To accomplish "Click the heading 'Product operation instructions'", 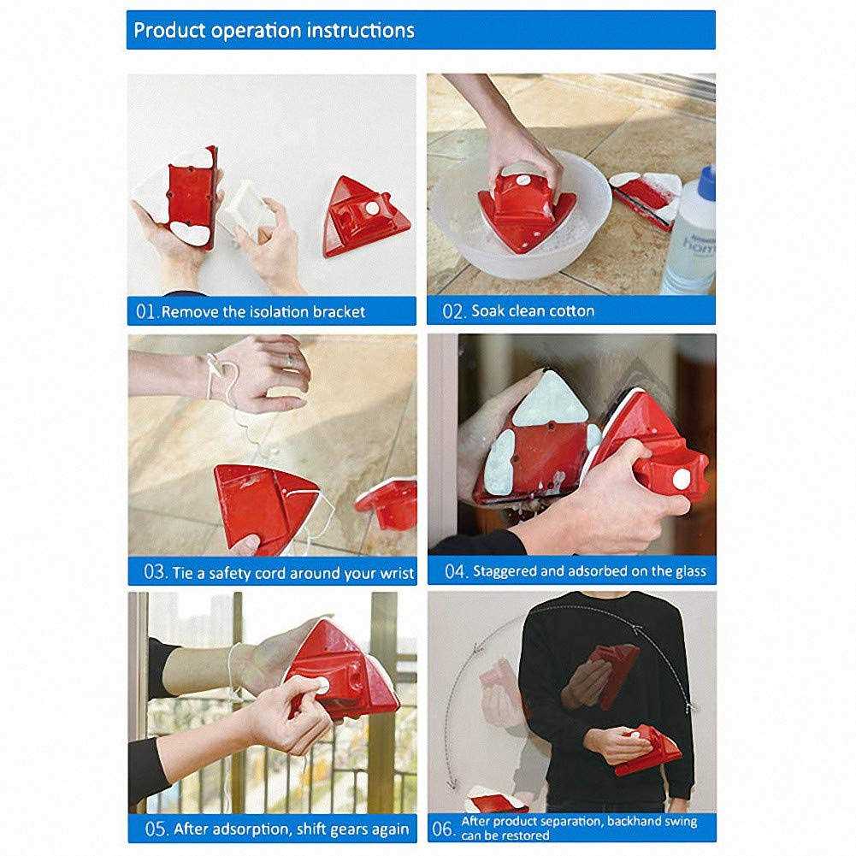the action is click(x=274, y=31).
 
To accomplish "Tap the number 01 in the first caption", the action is click(x=145, y=312).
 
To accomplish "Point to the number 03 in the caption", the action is click(x=155, y=572).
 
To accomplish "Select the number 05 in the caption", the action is click(x=156, y=829).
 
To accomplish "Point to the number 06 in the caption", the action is click(x=443, y=829).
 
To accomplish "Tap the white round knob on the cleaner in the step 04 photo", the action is click(x=682, y=480).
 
